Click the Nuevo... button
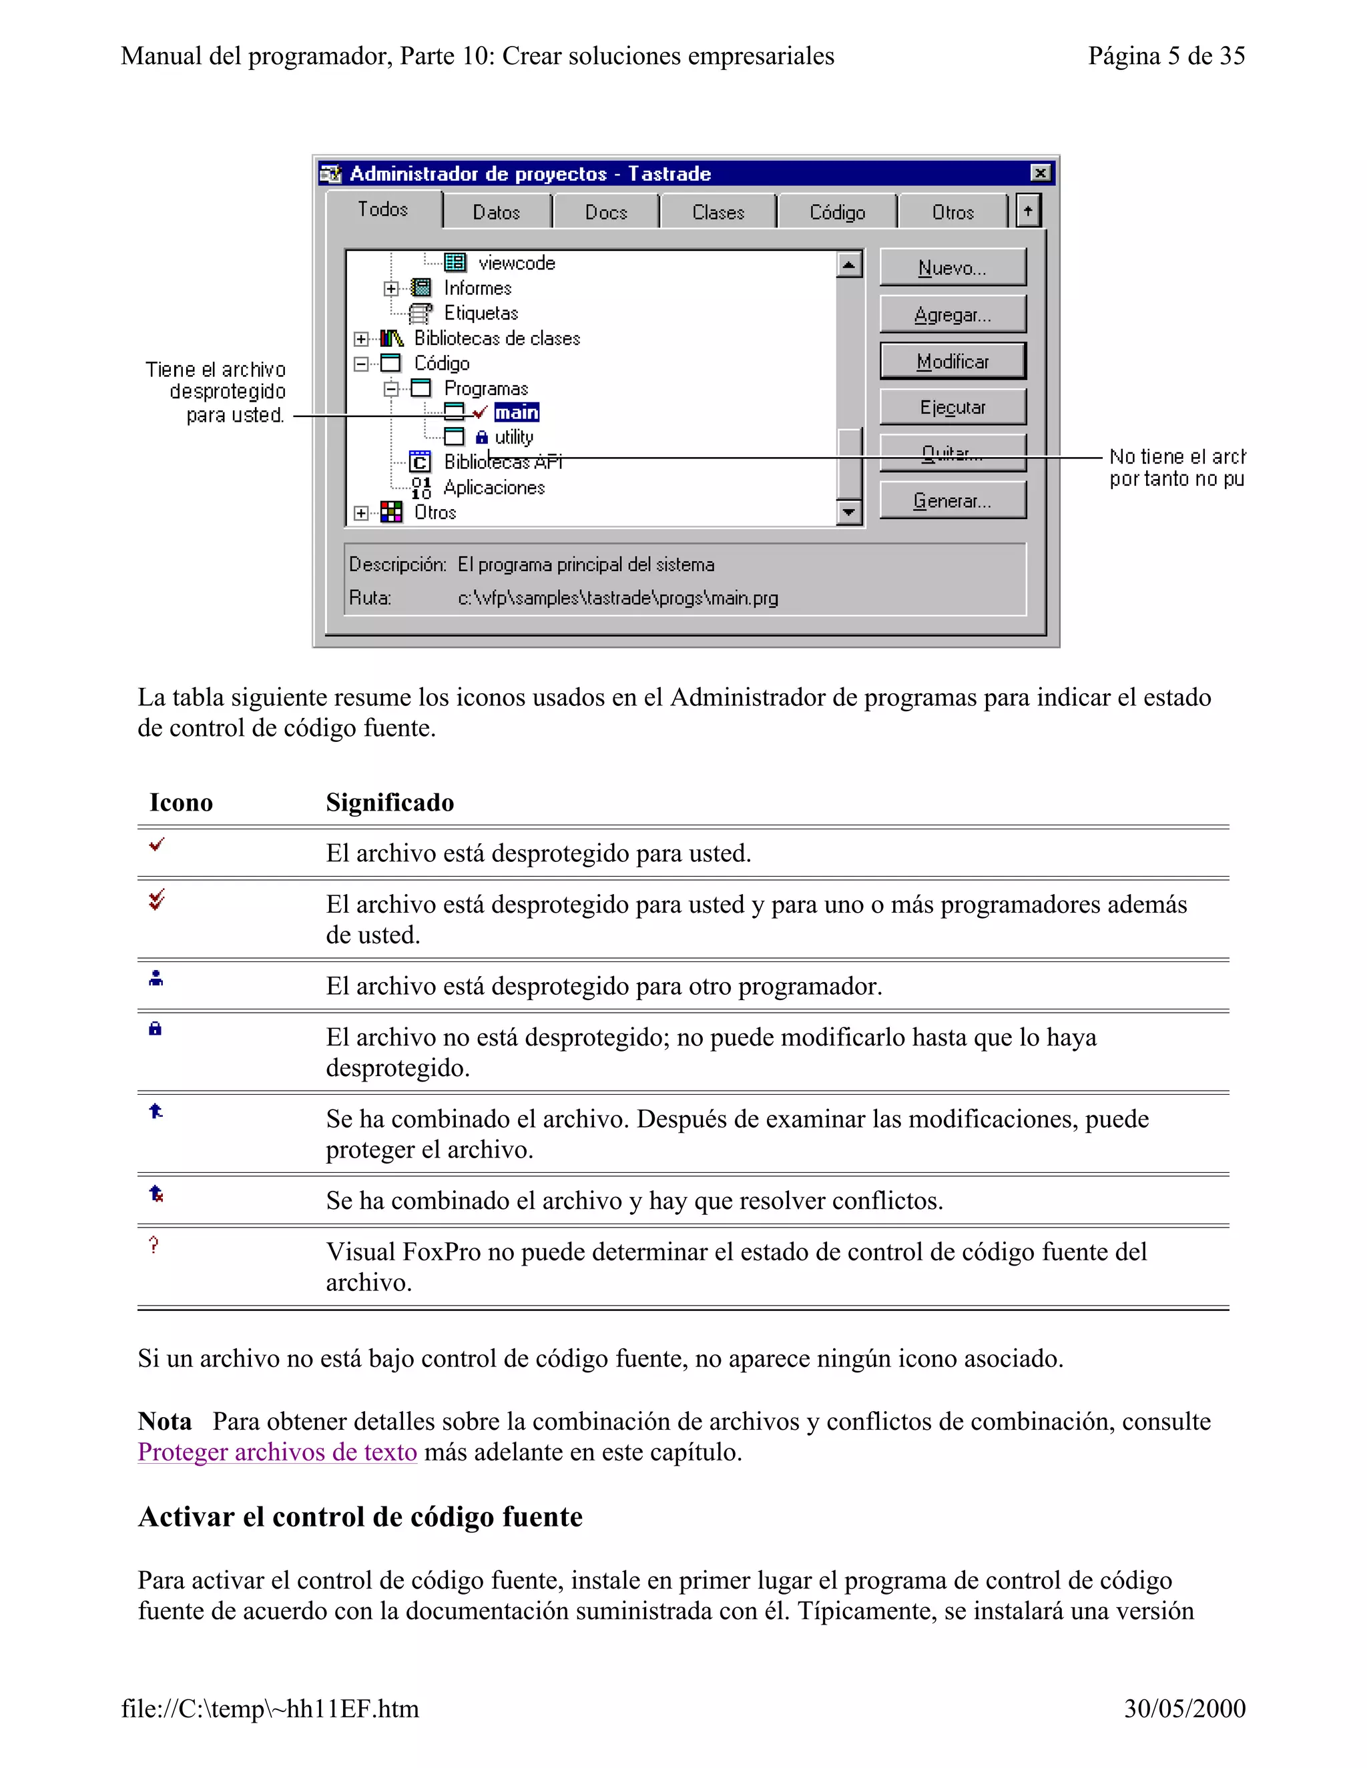pos(952,268)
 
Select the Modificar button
pos(952,361)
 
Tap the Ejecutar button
pos(952,407)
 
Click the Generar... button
pos(952,501)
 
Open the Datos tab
pos(497,212)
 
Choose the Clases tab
pos(718,212)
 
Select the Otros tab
pos(952,212)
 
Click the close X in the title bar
pos(1040,173)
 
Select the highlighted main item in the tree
pos(517,413)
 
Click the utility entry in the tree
pos(513,437)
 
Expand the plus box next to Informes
pos(391,288)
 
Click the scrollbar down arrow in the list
pos(848,512)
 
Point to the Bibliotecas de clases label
pos(497,338)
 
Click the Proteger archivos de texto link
pos(277,1452)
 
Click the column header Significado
pos(390,802)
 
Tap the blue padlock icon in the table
pos(156,1029)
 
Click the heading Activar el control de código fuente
pos(360,1516)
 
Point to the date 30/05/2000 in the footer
pos(1184,1709)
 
